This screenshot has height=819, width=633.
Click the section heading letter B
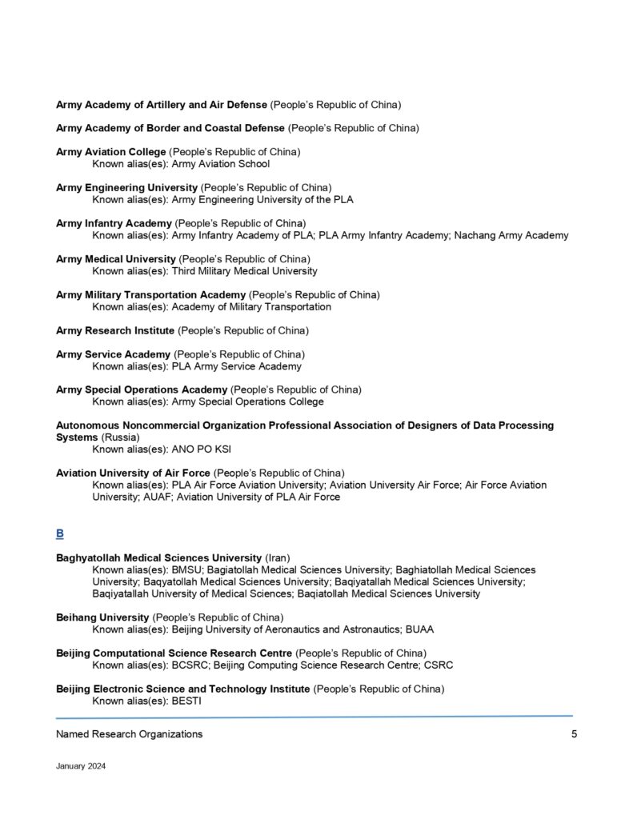(x=60, y=533)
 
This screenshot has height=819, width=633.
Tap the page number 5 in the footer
(x=574, y=734)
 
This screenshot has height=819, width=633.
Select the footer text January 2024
(x=81, y=765)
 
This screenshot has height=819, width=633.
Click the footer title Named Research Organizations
(x=129, y=734)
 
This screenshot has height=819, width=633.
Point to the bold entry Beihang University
(x=102, y=617)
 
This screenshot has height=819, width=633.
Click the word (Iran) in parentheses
(x=277, y=557)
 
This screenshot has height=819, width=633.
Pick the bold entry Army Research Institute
(x=114, y=330)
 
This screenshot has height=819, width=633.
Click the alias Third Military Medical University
(x=244, y=271)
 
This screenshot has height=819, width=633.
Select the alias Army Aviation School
(x=221, y=164)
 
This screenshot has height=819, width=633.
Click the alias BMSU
(x=188, y=569)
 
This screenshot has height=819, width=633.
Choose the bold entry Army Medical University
(x=115, y=259)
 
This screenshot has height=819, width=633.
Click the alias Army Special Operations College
(x=247, y=402)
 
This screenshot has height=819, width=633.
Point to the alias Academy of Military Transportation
(x=251, y=306)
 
